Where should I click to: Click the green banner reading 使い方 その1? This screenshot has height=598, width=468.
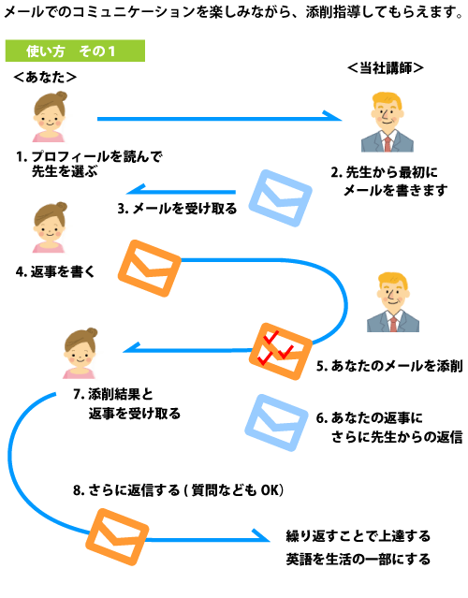click(75, 51)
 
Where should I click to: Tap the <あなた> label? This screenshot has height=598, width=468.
click(45, 78)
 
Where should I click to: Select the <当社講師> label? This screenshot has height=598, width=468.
click(386, 68)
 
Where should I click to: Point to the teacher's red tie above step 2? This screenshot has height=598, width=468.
click(388, 144)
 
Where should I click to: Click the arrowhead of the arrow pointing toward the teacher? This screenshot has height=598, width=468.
click(332, 116)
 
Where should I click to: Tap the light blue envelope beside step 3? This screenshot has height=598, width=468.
click(281, 198)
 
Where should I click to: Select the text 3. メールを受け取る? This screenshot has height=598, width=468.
click(177, 209)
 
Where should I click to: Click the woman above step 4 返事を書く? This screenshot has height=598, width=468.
click(50, 227)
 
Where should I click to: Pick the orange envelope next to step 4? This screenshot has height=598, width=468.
click(149, 269)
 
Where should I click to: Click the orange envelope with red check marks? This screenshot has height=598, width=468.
click(281, 351)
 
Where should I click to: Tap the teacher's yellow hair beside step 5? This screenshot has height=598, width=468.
click(392, 281)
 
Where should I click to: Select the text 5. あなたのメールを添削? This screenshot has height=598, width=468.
click(389, 366)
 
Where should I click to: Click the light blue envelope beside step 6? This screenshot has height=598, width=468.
click(276, 423)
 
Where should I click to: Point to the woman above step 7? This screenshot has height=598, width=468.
click(80, 353)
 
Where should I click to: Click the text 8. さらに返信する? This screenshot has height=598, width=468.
click(126, 490)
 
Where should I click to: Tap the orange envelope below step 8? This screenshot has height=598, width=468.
click(117, 537)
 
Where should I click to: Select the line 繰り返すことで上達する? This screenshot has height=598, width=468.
click(358, 536)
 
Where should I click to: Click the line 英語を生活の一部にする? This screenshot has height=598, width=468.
click(358, 559)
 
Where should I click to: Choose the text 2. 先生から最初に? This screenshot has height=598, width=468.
click(384, 172)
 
